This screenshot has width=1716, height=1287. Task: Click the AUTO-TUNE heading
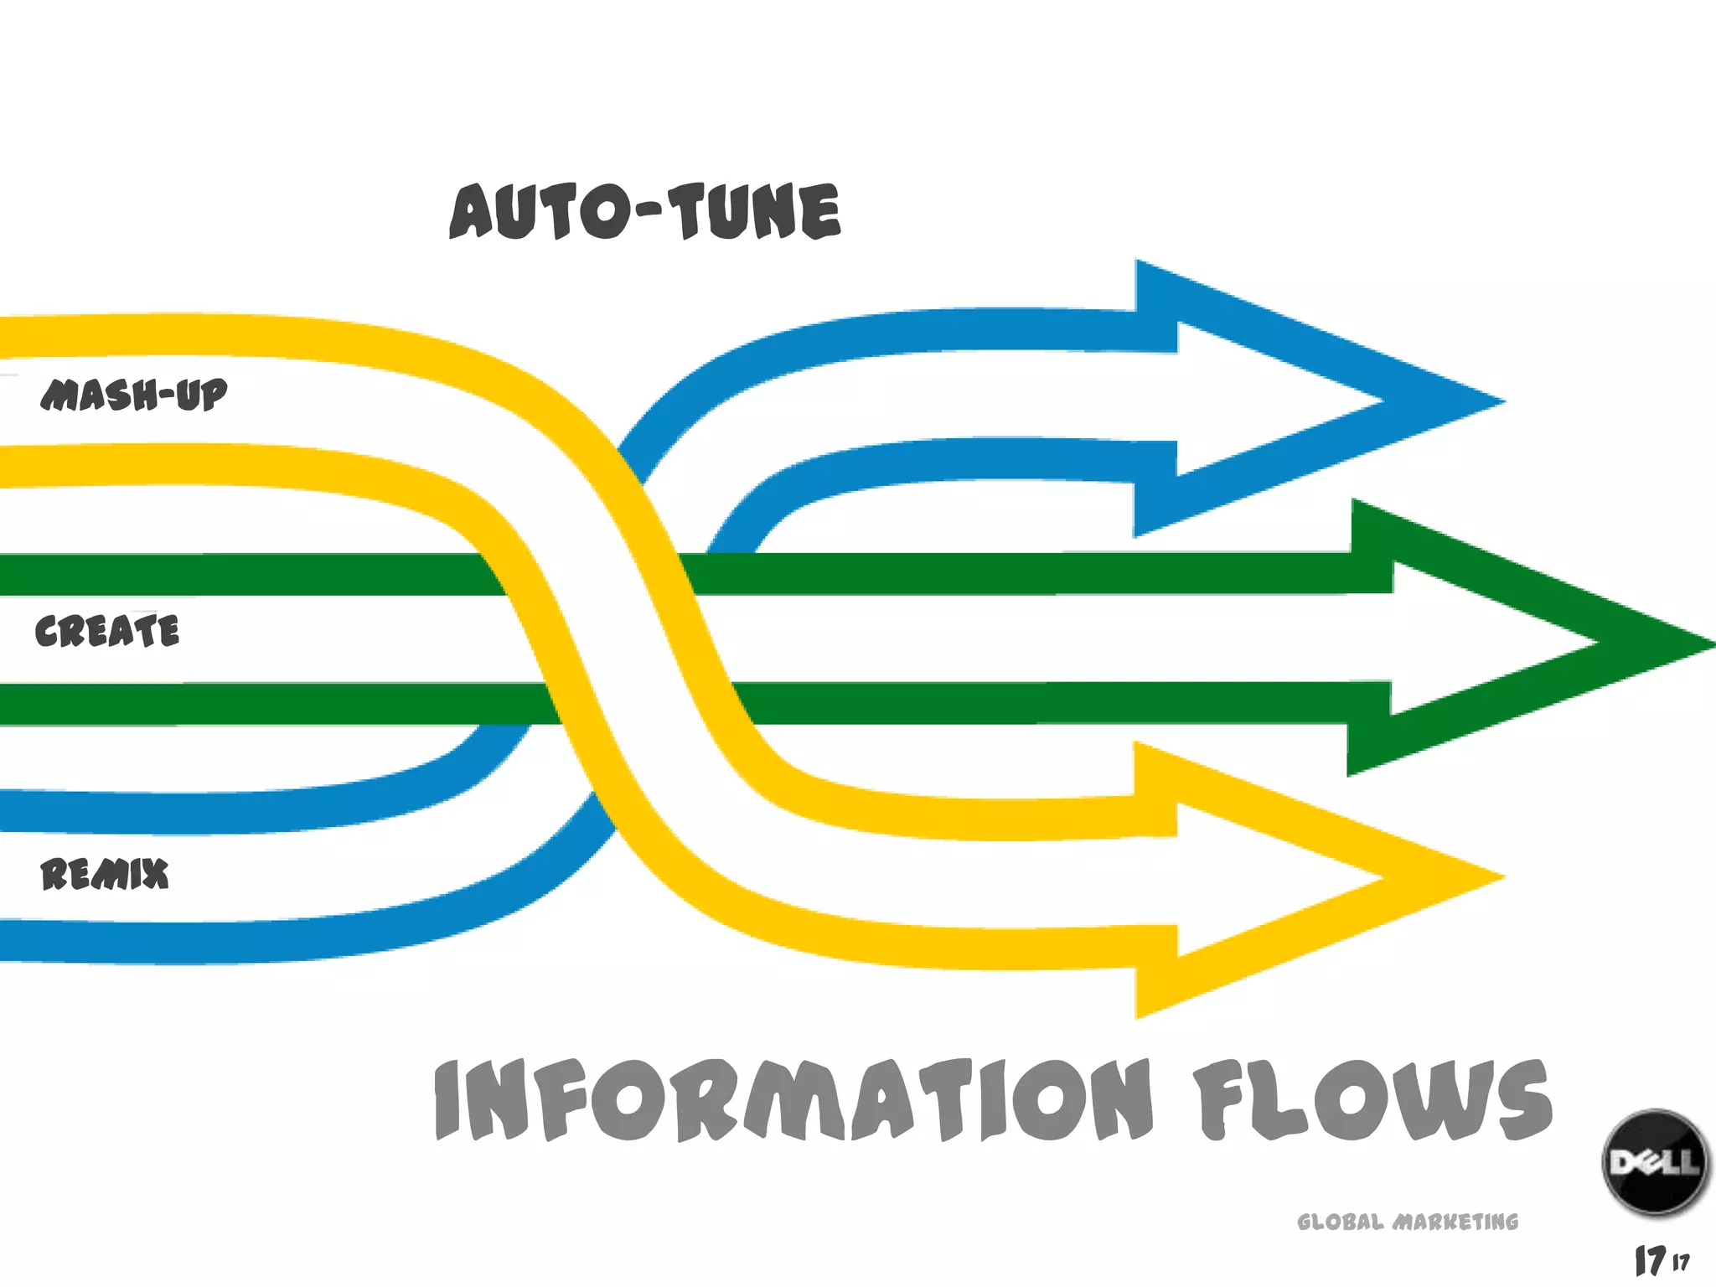645,211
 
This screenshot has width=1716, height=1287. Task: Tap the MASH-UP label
134,395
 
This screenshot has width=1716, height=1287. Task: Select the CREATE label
107,631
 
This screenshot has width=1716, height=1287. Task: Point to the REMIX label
105,874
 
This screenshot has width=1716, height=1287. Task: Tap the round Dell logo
1654,1162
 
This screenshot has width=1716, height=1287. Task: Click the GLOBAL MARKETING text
1408,1222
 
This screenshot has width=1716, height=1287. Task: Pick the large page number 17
1650,1260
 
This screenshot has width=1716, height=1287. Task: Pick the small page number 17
1681,1262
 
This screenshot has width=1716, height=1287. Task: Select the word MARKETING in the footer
1455,1222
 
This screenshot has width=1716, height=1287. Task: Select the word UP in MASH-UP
202,395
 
